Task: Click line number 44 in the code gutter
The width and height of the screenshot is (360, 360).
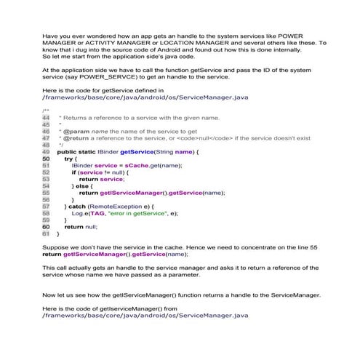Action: click(x=46, y=116)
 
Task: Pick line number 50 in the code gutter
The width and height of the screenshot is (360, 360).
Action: click(x=46, y=158)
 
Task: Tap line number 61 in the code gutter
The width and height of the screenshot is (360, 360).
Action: click(x=46, y=234)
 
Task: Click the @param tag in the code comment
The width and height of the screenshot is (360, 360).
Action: click(x=71, y=130)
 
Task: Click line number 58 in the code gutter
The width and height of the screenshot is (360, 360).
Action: click(x=46, y=214)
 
